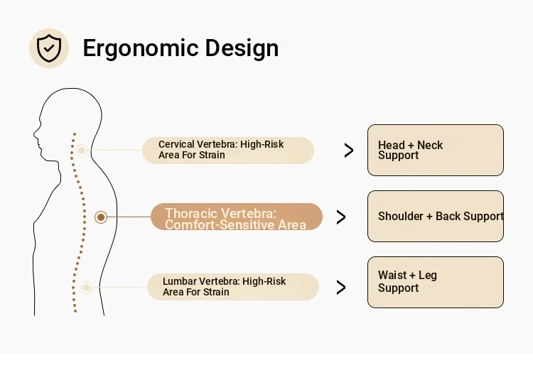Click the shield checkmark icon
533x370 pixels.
click(49, 48)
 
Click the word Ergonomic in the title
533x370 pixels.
click(141, 48)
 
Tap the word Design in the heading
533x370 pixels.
click(242, 48)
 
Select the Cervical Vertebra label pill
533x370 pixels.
click(227, 150)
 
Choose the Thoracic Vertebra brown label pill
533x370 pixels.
click(237, 217)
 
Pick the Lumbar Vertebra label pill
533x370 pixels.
click(233, 287)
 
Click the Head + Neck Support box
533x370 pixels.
click(436, 150)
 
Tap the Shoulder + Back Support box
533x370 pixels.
click(436, 216)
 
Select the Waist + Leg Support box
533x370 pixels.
click(436, 282)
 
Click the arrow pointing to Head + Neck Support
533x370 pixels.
click(349, 150)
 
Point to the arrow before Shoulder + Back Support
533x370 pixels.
click(341, 217)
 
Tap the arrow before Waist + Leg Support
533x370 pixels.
click(341, 287)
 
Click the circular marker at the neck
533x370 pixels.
click(82, 150)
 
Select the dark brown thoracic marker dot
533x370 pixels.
click(101, 217)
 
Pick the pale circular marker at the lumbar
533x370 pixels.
click(87, 288)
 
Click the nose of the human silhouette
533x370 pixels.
click(35, 134)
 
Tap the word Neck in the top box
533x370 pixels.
click(430, 145)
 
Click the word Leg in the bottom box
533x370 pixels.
click(428, 276)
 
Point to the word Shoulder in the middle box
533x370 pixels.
click(400, 216)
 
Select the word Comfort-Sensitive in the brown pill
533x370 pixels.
click(220, 225)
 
